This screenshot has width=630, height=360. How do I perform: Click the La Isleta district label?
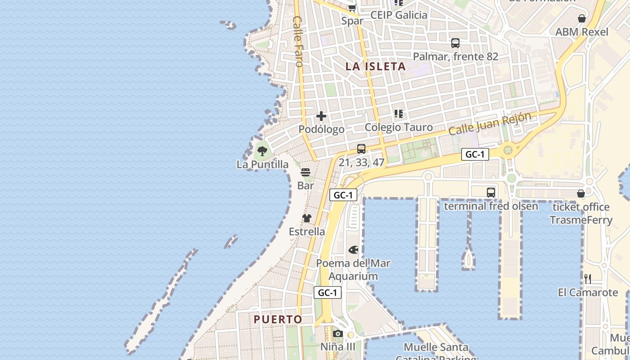point(376,67)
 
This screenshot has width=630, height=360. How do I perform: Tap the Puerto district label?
point(278,319)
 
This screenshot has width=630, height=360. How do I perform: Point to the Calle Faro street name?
point(298,41)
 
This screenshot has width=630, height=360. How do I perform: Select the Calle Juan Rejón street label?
point(490,123)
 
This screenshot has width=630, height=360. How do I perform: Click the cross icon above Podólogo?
point(321,117)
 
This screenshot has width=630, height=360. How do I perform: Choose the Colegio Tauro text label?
point(399,127)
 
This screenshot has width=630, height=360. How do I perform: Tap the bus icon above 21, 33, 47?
point(361,149)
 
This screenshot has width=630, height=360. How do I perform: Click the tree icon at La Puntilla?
point(262,151)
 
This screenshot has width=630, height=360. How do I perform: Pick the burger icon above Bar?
point(306,172)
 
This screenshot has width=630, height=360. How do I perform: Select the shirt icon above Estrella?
point(307,219)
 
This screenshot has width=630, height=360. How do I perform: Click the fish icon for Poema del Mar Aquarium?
point(354,250)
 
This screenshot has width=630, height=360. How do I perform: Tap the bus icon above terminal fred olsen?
point(491,193)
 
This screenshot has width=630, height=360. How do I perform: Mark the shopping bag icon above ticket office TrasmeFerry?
point(581,194)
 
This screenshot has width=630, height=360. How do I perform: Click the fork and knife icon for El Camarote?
point(588,279)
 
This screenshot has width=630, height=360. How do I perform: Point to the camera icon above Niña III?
point(338,334)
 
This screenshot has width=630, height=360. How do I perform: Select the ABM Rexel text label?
point(582,32)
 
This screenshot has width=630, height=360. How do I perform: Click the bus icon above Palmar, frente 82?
point(455,43)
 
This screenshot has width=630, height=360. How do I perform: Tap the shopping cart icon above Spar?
point(352,8)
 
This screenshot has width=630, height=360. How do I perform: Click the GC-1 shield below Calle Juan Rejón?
point(475,155)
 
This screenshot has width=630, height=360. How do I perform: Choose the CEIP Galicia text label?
point(399,15)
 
